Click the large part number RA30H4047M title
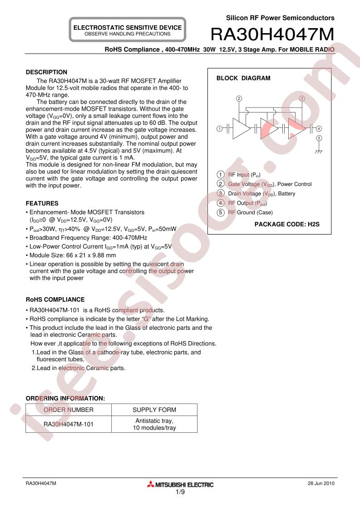coord(272,34)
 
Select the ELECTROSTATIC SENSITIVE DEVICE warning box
coord(128,30)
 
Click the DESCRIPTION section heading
coord(46,72)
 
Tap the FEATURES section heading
coord(42,203)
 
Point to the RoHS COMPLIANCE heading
coord(55,299)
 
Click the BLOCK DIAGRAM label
coord(243,78)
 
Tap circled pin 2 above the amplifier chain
coord(239,98)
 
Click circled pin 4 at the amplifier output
coord(319,128)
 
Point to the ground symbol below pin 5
coord(319,152)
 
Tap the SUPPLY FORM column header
coord(154,410)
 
